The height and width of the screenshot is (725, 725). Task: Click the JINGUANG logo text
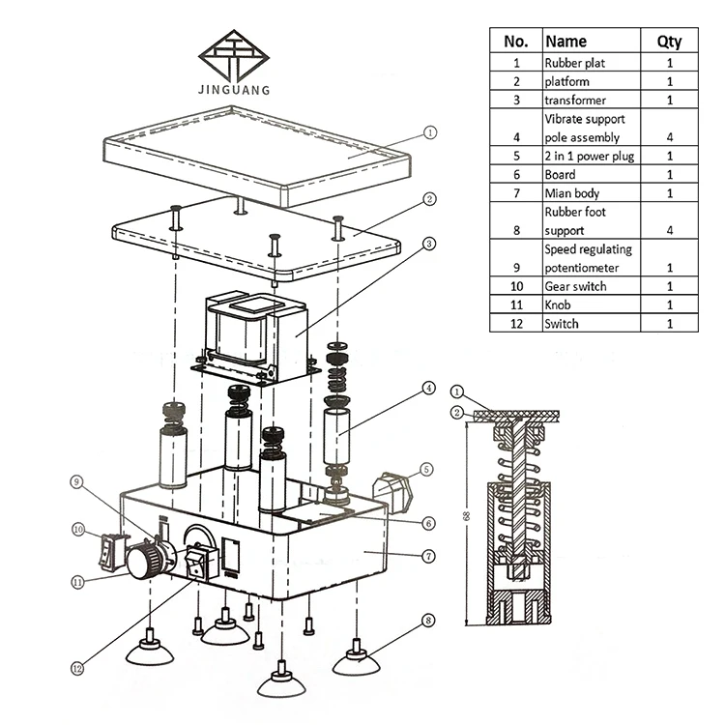[234, 89]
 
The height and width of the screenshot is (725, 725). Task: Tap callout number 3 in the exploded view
[429, 244]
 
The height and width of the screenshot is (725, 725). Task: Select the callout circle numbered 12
[77, 668]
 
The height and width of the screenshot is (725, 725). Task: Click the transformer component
[256, 337]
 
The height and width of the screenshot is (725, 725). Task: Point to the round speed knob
[144, 560]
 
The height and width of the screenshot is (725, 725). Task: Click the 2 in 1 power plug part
[392, 492]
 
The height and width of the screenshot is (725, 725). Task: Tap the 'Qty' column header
[669, 42]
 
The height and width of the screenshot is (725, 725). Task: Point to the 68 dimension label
[466, 516]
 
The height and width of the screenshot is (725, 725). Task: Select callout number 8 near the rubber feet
[428, 620]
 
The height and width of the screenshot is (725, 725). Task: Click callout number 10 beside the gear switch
[78, 530]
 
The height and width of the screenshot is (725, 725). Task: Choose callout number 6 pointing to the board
[428, 523]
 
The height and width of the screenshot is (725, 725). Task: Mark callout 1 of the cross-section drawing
[457, 392]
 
